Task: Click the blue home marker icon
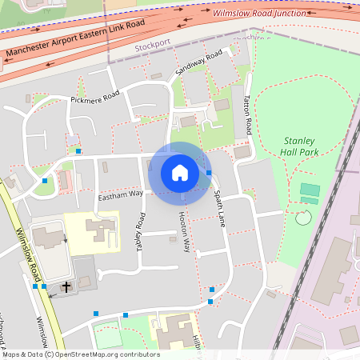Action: click(180, 173)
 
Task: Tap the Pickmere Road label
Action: click(94, 98)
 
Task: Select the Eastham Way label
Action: click(121, 194)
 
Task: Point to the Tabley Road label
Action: click(141, 233)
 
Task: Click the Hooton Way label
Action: click(184, 233)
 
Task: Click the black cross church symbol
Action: click(65, 285)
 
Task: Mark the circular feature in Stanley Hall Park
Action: click(302, 218)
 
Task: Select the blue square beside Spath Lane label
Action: click(209, 173)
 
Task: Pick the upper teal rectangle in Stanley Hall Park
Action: click(310, 190)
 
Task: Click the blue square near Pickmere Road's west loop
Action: click(78, 150)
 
